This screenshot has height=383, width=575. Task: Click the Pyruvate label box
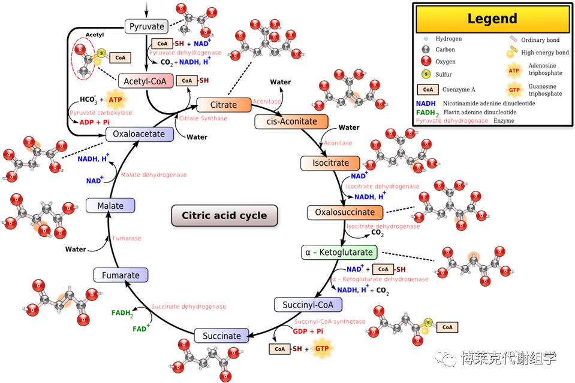coord(147,27)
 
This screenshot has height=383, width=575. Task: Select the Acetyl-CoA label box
coord(146,81)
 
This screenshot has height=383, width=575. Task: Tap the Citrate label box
coord(223,105)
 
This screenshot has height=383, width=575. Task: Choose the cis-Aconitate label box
coord(291,121)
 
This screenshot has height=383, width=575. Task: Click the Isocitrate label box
coord(330,163)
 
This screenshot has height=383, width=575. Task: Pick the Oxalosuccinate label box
coord(345,212)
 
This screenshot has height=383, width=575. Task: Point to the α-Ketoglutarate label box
coord(339,253)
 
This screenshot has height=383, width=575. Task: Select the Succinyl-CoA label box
coord(308,305)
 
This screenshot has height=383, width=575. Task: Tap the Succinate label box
coord(221,336)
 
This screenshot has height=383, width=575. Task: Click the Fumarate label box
coord(121,275)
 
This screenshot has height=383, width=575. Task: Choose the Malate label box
coord(110,206)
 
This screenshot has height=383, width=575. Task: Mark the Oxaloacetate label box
coord(139,134)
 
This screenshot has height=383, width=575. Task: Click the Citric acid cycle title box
coord(224,216)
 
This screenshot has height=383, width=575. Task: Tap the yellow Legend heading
coord(492,19)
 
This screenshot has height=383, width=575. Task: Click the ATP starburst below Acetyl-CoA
coord(115,99)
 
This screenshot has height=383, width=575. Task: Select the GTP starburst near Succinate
coord(322,348)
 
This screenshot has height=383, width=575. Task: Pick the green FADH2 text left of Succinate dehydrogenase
coord(122,313)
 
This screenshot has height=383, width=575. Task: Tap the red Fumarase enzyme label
coord(127,238)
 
